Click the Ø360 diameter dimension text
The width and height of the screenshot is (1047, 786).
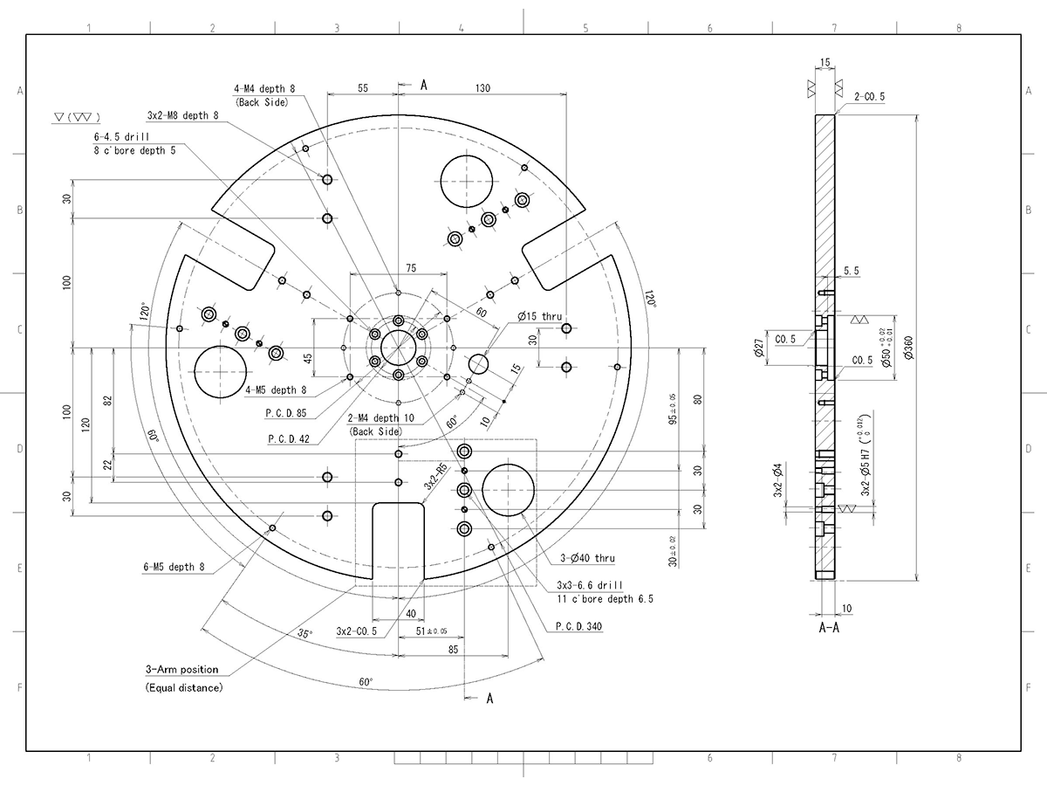coord(908,350)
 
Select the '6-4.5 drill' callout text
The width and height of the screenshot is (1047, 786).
coord(121,138)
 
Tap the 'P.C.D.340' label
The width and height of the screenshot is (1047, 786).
coord(578,626)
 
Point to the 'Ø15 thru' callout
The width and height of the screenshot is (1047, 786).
coord(539,315)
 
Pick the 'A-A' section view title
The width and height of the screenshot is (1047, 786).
coord(829,628)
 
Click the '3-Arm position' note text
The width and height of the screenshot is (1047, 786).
coord(181,670)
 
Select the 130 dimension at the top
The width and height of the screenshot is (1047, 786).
coord(482,88)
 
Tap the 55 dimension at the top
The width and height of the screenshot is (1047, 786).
coord(363,88)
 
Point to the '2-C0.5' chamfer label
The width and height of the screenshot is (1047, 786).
coord(869,97)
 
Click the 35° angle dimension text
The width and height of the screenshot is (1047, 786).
coord(304,633)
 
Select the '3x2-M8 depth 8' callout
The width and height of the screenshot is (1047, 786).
coord(182,115)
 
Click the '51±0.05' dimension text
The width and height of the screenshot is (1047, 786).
coord(431,631)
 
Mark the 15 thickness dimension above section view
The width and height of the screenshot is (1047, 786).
coord(825,63)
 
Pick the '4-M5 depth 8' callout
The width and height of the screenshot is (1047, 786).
coord(276,390)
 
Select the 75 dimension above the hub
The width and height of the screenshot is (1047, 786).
coord(398,267)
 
